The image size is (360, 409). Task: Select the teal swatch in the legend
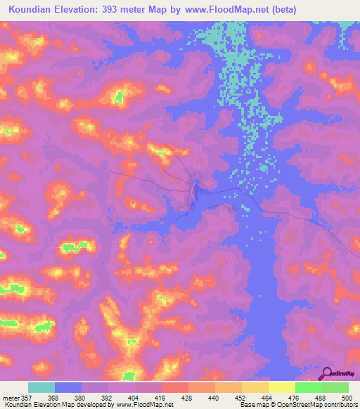click(x=41, y=388)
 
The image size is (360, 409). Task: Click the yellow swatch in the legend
click(x=281, y=388)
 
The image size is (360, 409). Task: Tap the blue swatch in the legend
click(x=68, y=388)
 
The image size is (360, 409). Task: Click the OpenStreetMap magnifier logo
click(x=327, y=373)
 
